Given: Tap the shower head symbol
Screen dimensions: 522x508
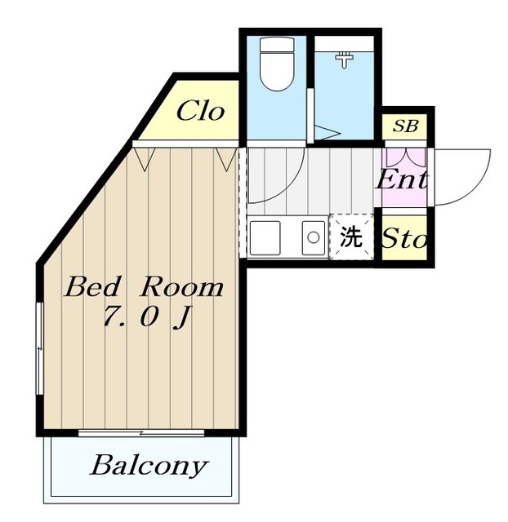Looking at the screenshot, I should tap(345, 59).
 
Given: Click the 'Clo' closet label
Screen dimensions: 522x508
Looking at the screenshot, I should tap(199, 110).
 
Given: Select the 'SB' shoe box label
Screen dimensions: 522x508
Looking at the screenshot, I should tap(405, 126).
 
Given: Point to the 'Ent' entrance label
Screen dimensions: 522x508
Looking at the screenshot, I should tap(402, 179).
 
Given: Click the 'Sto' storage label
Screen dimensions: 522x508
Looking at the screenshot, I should tap(405, 240).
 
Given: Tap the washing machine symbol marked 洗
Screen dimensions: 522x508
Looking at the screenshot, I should tap(351, 237).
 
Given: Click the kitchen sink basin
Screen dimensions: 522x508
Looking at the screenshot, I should tap(313, 238).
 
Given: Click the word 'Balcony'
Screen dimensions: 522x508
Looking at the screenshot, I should tap(149, 467).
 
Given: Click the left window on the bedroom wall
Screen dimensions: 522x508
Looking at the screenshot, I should tap(38, 347).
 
